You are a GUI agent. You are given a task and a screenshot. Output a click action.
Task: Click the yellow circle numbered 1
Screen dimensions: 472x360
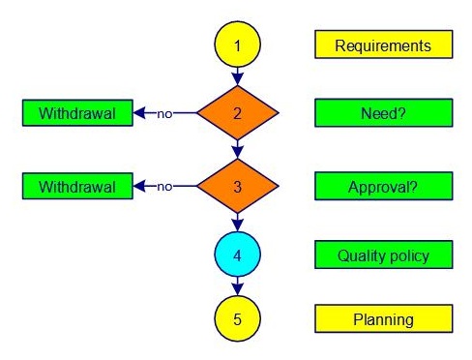tap(237, 45)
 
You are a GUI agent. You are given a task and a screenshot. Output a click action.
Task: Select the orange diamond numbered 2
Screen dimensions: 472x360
tap(238, 113)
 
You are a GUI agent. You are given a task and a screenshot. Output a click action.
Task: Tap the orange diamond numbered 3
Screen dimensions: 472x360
tap(238, 186)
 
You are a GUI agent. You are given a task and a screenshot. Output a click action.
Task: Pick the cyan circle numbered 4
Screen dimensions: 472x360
tap(237, 255)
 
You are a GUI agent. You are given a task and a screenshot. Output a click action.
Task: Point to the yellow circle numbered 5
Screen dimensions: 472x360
tap(237, 318)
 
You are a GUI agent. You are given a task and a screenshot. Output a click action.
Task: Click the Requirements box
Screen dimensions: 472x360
tap(384, 45)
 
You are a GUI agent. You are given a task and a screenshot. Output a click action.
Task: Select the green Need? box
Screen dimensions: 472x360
tap(384, 113)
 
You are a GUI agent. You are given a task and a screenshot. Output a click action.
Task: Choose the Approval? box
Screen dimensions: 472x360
tap(384, 186)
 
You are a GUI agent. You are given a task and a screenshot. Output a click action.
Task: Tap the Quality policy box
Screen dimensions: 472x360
tap(384, 255)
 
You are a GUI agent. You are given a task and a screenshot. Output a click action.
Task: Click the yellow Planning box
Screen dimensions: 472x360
tap(384, 318)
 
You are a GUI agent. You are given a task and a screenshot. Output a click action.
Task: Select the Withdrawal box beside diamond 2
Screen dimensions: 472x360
tap(77, 113)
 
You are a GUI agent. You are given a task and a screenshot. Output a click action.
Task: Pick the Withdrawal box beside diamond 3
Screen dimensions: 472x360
tap(77, 186)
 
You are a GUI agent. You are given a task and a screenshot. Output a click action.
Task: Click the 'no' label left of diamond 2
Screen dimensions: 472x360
tap(164, 114)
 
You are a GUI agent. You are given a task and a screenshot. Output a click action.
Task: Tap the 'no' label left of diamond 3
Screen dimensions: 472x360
tap(164, 187)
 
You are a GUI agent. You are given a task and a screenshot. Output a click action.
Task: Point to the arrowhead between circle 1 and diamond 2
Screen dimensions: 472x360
tap(238, 79)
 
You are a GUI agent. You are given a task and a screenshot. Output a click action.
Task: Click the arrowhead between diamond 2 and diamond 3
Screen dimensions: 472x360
tap(238, 153)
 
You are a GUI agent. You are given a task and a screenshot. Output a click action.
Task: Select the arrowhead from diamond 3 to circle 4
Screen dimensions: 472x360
tap(238, 225)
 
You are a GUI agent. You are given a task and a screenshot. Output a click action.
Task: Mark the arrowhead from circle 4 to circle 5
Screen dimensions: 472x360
tap(238, 289)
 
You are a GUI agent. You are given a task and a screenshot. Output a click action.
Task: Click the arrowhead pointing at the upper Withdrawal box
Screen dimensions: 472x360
tap(139, 113)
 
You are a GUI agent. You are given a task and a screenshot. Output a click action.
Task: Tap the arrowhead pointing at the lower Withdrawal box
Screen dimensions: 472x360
tap(139, 186)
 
